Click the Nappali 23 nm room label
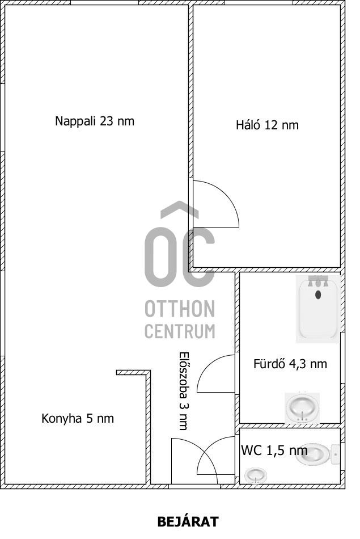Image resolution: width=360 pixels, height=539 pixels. [95, 121]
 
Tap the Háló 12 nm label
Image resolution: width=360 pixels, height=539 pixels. [267, 125]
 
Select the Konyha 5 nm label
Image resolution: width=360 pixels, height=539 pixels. [78, 419]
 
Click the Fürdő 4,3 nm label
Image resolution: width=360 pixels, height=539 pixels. [290, 364]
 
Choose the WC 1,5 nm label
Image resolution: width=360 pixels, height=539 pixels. [274, 450]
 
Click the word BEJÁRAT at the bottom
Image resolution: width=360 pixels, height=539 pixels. [188, 522]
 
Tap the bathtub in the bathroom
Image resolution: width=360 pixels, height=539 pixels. [318, 309]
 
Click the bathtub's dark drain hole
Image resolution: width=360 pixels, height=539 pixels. [318, 294]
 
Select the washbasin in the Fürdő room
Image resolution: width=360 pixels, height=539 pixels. [302, 407]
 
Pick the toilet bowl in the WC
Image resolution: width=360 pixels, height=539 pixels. [313, 455]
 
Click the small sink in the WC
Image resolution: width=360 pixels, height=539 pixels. [255, 476]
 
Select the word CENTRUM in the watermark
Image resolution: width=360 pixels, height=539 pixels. [180, 331]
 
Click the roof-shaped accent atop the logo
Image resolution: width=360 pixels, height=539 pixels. [180, 209]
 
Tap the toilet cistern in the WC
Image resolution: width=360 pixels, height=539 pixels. [335, 454]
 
